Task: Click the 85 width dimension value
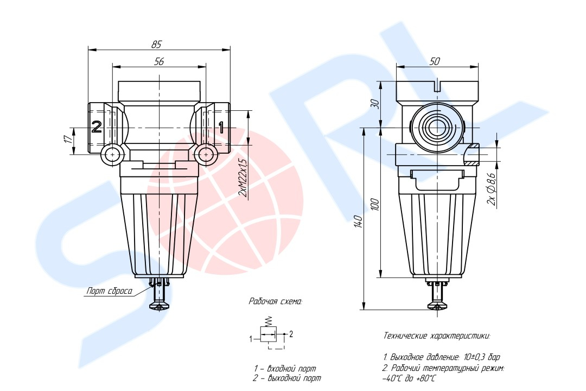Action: (x=157, y=44)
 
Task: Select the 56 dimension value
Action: (x=159, y=61)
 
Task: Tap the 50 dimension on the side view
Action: (x=435, y=61)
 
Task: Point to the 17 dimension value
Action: (x=68, y=139)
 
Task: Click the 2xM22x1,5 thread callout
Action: (x=243, y=178)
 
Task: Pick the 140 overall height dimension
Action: (x=358, y=222)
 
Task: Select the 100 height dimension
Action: (x=375, y=205)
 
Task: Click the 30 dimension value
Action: (x=375, y=104)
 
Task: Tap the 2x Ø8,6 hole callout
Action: (x=492, y=189)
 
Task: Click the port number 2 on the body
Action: (x=97, y=127)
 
